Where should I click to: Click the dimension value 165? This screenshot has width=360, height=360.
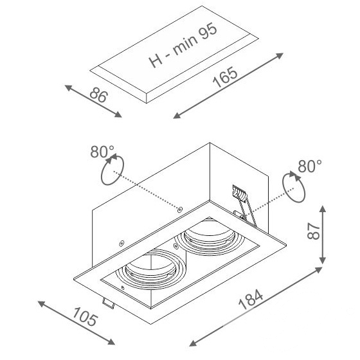[225, 77]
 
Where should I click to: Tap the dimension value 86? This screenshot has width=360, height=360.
[98, 95]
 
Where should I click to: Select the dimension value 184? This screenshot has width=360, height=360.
[251, 300]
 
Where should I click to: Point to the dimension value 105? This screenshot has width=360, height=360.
[85, 318]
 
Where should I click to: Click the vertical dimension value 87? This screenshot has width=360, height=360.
[314, 231]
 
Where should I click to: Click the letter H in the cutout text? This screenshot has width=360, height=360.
[156, 60]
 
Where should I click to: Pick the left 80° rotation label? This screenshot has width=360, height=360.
[102, 152]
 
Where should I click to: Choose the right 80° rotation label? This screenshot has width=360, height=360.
[310, 166]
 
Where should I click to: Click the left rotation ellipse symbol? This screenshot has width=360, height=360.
[113, 170]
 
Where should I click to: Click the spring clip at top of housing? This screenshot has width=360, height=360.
[244, 204]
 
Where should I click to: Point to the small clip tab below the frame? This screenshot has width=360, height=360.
[109, 303]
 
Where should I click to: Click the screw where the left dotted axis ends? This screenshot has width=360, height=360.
[180, 209]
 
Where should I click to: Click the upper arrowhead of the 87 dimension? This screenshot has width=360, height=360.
[323, 210]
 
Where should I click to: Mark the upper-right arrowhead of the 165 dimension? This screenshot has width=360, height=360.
[279, 56]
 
